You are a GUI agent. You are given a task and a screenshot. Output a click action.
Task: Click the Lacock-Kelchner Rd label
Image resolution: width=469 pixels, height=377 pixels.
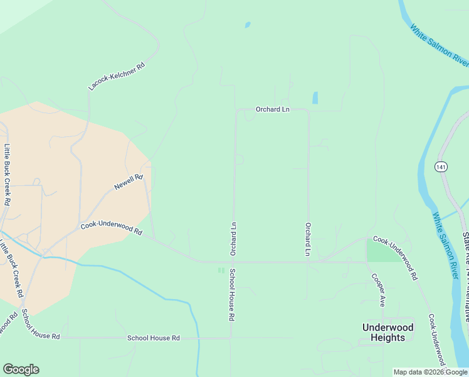[x=117, y=75]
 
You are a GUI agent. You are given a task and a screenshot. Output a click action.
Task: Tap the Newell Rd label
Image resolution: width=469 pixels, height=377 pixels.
[x=129, y=183]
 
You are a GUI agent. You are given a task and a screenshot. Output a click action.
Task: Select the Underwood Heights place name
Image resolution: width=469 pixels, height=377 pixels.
[x=388, y=332]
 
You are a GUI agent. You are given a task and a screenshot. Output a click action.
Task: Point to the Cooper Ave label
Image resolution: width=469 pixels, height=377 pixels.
[x=377, y=290]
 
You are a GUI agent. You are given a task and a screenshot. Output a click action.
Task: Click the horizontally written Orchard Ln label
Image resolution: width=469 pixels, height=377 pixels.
[x=273, y=109]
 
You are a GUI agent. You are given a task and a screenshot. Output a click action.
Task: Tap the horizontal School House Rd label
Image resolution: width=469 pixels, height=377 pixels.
[x=154, y=338]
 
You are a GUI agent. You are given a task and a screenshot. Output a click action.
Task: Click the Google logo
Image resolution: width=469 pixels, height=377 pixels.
[x=21, y=369]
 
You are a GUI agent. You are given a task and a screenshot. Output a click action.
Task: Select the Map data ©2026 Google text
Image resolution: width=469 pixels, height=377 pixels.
[x=431, y=372]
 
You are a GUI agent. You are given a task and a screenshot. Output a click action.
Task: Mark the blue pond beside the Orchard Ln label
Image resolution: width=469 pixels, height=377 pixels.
[x=315, y=98]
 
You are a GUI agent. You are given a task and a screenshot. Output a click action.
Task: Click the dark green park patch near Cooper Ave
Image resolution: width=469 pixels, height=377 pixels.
[x=377, y=251]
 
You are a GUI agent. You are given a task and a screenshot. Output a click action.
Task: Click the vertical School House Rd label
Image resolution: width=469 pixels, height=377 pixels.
[x=231, y=295]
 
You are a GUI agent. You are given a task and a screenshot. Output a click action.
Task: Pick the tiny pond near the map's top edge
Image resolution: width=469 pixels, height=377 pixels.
[x=248, y=25]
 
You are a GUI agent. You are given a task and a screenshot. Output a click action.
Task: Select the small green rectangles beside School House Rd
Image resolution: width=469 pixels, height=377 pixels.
[x=220, y=270]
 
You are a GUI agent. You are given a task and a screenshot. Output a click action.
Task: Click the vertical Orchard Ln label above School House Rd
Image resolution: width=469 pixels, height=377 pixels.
[x=233, y=238]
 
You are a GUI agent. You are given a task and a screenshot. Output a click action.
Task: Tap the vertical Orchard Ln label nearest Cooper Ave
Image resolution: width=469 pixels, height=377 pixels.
[x=308, y=239]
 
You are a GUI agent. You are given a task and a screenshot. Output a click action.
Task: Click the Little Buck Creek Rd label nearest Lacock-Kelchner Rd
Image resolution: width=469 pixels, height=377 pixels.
[x=8, y=175]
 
